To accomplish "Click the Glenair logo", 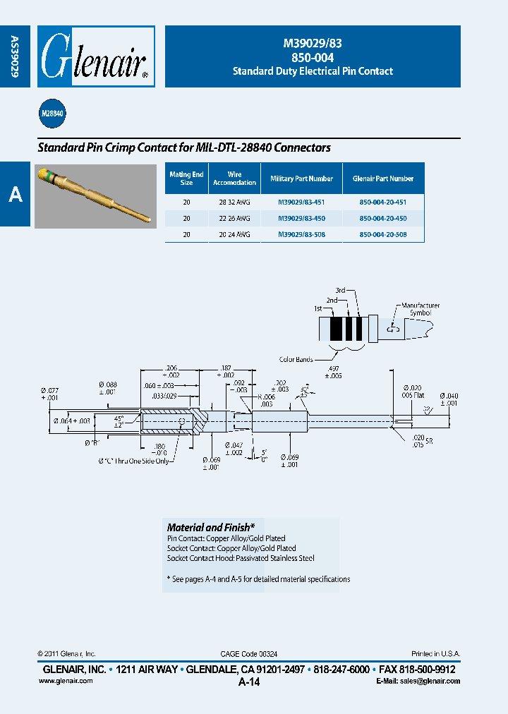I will pos(95,57).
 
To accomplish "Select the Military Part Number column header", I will pos(301,179).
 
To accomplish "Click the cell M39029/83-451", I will pos(301,201).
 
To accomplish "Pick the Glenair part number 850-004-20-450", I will pos(383,218).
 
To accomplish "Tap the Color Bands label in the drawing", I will pos(296,360).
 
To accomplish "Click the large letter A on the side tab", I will pos(15,195).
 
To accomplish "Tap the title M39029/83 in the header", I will pos(313,43).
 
